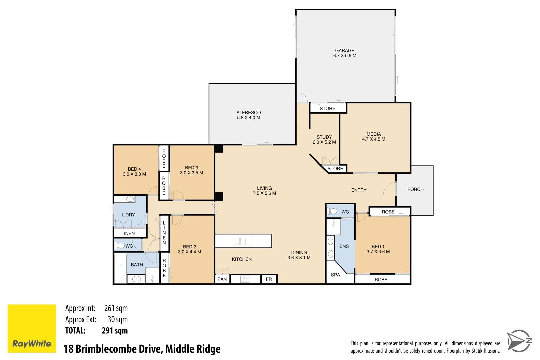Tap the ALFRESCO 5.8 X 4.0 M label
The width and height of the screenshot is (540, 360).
pos(249,115)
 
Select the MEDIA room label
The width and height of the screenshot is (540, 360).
pos(374,134)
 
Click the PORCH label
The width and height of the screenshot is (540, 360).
pos(415,189)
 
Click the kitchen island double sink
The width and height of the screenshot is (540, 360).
pos(242,241)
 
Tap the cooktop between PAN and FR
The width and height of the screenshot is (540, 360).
pos(245,279)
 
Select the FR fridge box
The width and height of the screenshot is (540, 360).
pos(269,279)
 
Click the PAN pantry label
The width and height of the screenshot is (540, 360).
pos(222,279)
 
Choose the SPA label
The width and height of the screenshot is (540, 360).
pos(335,275)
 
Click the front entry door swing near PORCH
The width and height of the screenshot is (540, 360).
pos(389,189)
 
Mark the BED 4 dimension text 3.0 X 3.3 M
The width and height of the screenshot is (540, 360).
pos(134,174)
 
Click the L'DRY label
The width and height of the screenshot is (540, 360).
pos(128,215)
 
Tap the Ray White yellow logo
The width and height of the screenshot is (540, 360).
pos(32,328)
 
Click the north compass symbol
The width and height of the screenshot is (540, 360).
pos(519,341)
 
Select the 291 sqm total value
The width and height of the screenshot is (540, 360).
pos(115,331)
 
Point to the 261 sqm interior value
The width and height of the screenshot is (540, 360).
pos(116,308)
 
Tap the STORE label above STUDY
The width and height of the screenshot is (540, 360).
pos(327,108)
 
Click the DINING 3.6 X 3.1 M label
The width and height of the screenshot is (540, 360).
pos(299,255)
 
